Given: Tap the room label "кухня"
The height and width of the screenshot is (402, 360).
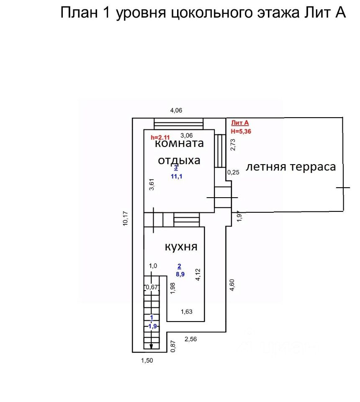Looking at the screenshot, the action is pyautogui.click(x=181, y=247).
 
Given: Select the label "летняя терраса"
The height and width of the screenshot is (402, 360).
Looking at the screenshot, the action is pyautogui.click(x=291, y=167).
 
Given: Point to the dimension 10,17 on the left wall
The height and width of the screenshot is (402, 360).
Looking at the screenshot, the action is pyautogui.click(x=126, y=217).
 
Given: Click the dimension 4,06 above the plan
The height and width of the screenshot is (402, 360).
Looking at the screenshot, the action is pyautogui.click(x=176, y=111).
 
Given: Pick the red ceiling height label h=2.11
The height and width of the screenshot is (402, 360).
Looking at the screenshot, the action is pyautogui.click(x=160, y=137).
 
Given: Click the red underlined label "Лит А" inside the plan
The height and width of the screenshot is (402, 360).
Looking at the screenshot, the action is pyautogui.click(x=240, y=123).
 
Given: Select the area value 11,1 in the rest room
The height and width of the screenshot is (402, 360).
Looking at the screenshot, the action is pyautogui.click(x=175, y=176).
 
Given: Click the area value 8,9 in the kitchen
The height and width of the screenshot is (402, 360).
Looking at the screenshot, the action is pyautogui.click(x=180, y=274).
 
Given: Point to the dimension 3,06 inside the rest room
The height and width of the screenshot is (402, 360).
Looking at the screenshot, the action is pyautogui.click(x=186, y=135).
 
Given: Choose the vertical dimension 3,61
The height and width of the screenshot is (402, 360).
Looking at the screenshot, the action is pyautogui.click(x=152, y=185).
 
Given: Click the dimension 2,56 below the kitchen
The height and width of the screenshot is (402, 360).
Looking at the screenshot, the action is pyautogui.click(x=190, y=339).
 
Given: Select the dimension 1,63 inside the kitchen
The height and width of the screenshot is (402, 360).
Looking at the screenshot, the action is pyautogui.click(x=187, y=311).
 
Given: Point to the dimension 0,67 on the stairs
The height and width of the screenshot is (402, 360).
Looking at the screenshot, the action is pyautogui.click(x=151, y=287).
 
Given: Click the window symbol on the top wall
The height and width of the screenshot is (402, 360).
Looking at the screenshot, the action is pyautogui.click(x=178, y=124).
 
